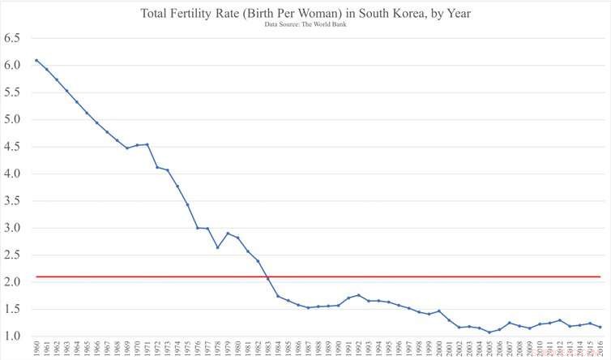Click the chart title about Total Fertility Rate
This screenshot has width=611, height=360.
pos(305,14)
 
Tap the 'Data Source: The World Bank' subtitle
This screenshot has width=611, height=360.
pos(305,25)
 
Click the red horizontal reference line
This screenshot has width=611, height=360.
pos(324,276)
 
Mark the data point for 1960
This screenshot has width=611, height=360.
pos(36,60)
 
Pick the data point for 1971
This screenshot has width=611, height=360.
pos(147,144)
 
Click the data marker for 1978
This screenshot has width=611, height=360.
pos(217,247)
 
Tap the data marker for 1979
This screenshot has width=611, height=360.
pos(228,234)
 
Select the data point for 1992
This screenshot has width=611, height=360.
pos(358,295)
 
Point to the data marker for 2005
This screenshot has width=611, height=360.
pos(489,332)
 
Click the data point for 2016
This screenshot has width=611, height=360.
pos(599,327)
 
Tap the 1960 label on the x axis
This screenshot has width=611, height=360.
pos(36,349)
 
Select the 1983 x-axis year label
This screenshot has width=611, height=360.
pos(267,349)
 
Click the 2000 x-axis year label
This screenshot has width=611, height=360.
pos(438,349)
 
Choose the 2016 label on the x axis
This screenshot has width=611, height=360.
pos(599,349)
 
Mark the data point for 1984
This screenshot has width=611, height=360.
pos(278,296)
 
